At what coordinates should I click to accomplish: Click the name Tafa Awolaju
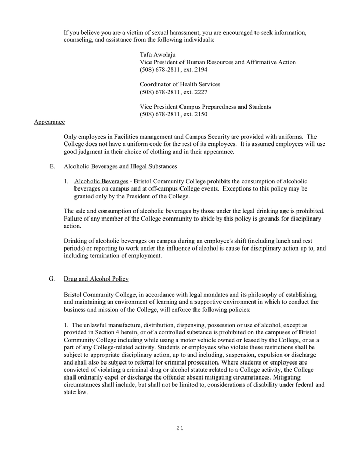(158, 54)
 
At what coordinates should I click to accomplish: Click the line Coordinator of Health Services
(180, 84)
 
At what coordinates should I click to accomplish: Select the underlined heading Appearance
(49, 122)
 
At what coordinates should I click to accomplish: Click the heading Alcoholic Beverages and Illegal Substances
(120, 166)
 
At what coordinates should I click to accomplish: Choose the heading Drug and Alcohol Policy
(96, 279)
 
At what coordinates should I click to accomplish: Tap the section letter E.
(52, 166)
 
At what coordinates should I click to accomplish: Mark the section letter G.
(52, 279)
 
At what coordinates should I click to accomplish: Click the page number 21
(180, 428)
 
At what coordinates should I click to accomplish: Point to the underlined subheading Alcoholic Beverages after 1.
(101, 181)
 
